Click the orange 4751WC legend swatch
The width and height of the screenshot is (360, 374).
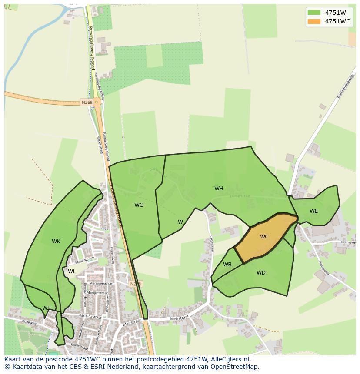pos(314,21)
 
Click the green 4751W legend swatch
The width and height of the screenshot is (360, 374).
pos(314,12)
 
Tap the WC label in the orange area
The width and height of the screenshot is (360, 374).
pos(264,237)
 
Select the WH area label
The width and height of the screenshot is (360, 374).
pos(219,189)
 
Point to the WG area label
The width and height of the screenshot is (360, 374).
pos(139,205)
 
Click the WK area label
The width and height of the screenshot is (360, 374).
pos(56,242)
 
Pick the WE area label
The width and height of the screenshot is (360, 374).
pos(313,211)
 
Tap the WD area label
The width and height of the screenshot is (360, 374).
pos(261,273)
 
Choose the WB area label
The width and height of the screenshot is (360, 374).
pos(227,265)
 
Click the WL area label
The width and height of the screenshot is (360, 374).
pos(72,271)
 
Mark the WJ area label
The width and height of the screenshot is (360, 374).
pos(46,308)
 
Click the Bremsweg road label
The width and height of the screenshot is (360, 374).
pos(348,242)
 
